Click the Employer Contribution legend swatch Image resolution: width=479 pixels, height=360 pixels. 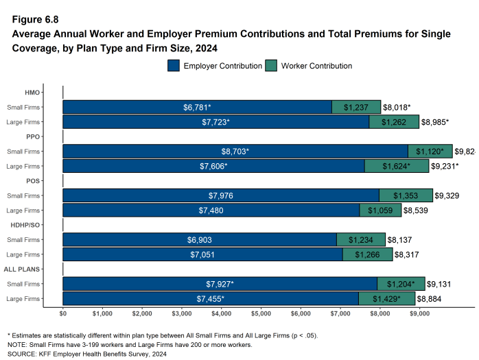pos(173,66)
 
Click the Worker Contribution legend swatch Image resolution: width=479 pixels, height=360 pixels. pos(270,66)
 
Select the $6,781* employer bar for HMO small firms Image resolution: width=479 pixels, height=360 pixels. pos(197,107)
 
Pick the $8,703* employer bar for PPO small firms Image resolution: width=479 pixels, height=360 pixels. pos(235,151)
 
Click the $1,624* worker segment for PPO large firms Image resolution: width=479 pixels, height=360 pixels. pos(397,166)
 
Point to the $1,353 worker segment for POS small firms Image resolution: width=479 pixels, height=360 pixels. pos(406,195)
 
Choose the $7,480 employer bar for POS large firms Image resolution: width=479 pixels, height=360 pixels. pos(211,211)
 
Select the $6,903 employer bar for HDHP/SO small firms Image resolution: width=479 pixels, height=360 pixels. pos(200,239)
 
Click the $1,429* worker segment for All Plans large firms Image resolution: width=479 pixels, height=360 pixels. pos(387,298)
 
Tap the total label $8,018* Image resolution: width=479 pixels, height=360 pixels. pos(397,108)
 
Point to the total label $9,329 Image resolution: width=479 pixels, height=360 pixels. pos(449,195)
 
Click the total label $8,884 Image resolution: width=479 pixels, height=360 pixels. pos(432,299)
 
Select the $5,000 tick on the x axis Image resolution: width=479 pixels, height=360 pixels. pos(261,313)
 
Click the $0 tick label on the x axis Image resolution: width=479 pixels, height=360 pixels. pos(62,313)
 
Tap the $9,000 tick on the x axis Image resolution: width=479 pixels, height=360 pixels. pos(420,313)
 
